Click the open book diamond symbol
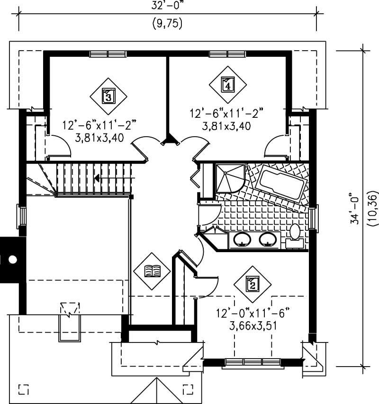(152, 271)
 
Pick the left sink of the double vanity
(243, 239)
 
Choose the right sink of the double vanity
(268, 239)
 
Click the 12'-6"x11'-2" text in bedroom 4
(226, 114)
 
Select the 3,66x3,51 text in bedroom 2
(253, 326)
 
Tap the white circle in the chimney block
(13, 259)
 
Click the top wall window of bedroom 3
(108, 53)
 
